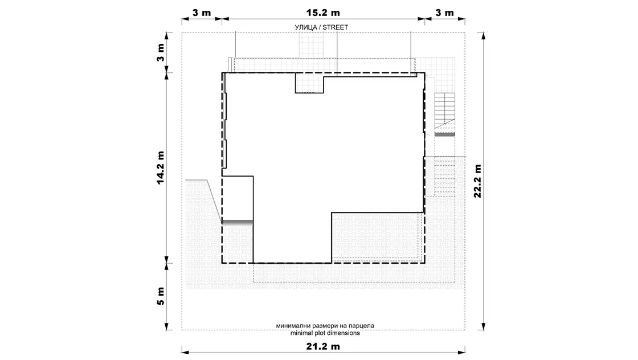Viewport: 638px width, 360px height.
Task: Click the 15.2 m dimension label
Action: click(322, 13)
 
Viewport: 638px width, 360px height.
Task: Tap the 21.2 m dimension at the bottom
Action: click(322, 346)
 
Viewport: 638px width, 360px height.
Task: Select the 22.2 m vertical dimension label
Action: click(477, 181)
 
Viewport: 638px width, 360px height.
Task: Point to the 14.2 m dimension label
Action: click(160, 167)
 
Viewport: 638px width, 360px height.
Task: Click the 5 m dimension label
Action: click(160, 296)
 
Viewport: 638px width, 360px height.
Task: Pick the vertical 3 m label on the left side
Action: click(160, 52)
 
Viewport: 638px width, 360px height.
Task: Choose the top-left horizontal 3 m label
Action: click(202, 13)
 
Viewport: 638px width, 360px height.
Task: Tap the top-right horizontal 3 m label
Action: click(444, 13)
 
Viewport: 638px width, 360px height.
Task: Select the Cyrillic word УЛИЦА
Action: click(305, 27)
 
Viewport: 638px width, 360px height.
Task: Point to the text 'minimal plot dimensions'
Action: click(325, 333)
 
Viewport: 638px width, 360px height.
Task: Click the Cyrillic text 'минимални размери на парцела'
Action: click(325, 326)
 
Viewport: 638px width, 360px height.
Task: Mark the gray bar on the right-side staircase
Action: click(445, 134)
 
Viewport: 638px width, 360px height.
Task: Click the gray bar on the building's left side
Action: click(238, 222)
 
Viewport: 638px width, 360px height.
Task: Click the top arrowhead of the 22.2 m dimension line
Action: click(484, 35)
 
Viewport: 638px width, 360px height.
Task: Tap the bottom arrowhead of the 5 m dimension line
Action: click(166, 326)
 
